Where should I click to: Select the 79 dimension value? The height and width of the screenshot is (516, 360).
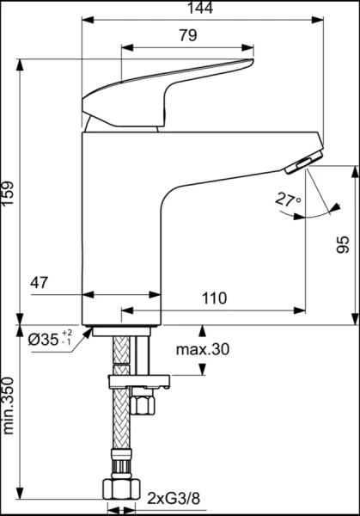click(x=187, y=36)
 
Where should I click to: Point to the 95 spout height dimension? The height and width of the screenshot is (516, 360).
click(x=343, y=246)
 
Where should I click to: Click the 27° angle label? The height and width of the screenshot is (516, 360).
click(x=288, y=200)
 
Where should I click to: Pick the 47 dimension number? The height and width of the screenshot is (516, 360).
click(x=40, y=281)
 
